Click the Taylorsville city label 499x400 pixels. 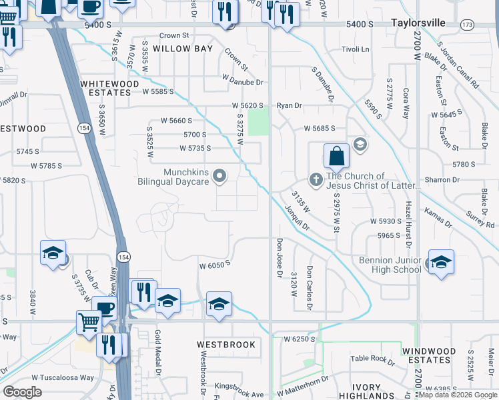tap(417, 23)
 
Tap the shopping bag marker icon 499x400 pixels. tap(337, 157)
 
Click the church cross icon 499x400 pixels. tap(317, 179)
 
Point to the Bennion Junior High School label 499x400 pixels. tap(390, 265)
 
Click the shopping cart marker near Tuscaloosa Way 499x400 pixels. tap(88, 322)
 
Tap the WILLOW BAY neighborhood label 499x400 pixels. tap(182, 49)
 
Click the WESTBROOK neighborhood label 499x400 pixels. tap(226, 345)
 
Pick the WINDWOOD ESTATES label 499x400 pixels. tap(429, 355)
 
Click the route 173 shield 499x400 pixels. tap(467, 25)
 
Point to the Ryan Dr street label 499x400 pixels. tap(290, 105)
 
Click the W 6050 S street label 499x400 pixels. tap(214, 264)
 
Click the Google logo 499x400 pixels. tap(22, 392)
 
